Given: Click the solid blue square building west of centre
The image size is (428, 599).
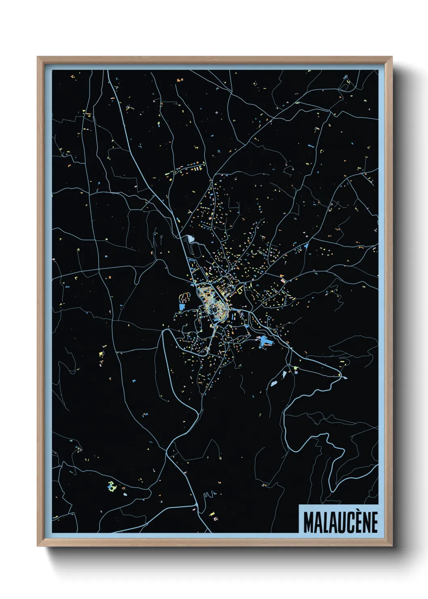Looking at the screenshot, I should pos(181,307).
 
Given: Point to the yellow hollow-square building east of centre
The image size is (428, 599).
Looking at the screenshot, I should pos(239,290).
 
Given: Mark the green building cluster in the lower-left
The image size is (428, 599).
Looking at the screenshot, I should pos(111,486).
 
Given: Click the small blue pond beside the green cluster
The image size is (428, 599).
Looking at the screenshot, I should pos(124,494).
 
